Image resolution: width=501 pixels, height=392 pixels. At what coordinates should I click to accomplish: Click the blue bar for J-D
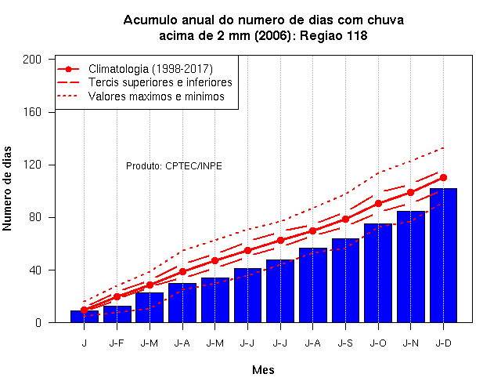pyautogui.click(x=443, y=256)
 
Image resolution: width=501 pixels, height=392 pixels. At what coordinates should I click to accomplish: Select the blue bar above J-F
pyautogui.click(x=117, y=314)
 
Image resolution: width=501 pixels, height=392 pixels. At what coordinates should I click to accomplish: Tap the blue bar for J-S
pyautogui.click(x=345, y=281)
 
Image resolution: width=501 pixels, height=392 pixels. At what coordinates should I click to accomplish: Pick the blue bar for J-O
pyautogui.click(x=378, y=273)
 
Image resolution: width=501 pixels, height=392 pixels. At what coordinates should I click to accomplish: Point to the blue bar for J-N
pyautogui.click(x=410, y=267)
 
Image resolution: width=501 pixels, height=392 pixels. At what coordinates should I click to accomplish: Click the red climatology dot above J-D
pyautogui.click(x=443, y=178)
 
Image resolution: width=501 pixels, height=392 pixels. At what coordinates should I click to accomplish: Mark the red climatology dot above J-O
pyautogui.click(x=378, y=204)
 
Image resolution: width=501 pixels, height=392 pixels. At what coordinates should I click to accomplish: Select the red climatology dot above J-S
pyautogui.click(x=345, y=220)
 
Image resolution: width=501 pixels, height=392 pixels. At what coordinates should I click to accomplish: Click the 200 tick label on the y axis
pyautogui.click(x=32, y=60)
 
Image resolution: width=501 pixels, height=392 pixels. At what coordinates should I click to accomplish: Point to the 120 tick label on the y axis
pyautogui.click(x=32, y=165)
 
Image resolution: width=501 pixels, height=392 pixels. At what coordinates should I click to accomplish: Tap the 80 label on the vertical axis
pyautogui.click(x=35, y=217)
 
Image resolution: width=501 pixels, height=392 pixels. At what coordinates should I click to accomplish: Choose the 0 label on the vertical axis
pyautogui.click(x=38, y=322)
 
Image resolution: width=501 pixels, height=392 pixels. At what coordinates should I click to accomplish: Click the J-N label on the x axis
pyautogui.click(x=410, y=343)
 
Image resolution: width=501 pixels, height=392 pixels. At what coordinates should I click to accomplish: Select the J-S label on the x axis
pyautogui.click(x=345, y=343)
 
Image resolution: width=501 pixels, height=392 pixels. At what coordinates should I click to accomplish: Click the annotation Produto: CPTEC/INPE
pyautogui.click(x=174, y=166)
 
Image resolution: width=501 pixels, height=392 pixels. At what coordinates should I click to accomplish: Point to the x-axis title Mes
pyautogui.click(x=263, y=370)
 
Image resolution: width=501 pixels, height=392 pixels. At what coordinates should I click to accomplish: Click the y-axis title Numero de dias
pyautogui.click(x=7, y=188)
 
